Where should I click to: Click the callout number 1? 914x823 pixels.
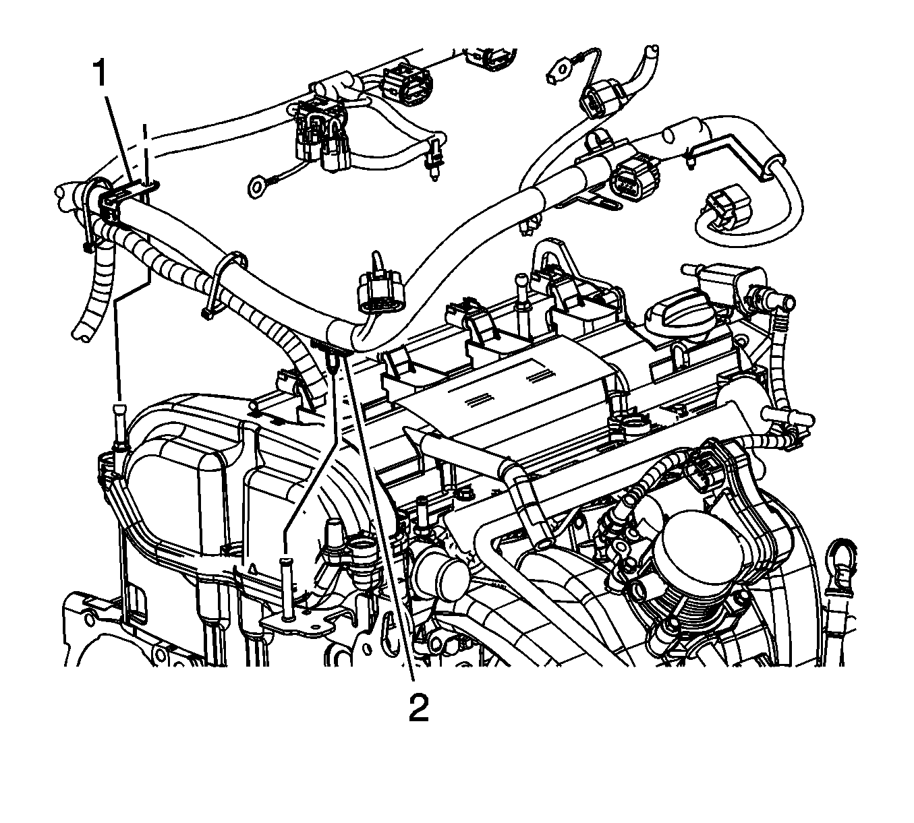[99, 74]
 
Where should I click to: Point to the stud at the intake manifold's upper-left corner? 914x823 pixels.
[119, 425]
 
